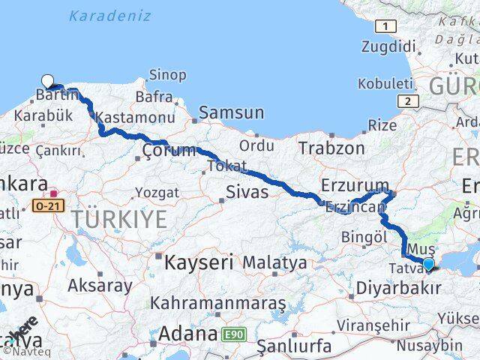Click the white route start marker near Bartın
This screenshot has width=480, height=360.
(48, 81)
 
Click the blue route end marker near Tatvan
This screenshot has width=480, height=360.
(428, 263)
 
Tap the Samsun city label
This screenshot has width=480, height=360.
(231, 112)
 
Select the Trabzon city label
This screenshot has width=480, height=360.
(331, 148)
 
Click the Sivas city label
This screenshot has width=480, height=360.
(247, 192)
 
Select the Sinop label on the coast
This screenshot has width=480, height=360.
(168, 74)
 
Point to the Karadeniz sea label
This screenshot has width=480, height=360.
(109, 15)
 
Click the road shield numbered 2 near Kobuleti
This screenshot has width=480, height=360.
(406, 100)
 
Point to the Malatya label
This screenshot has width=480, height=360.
(274, 263)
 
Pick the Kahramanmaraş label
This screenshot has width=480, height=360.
(218, 303)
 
